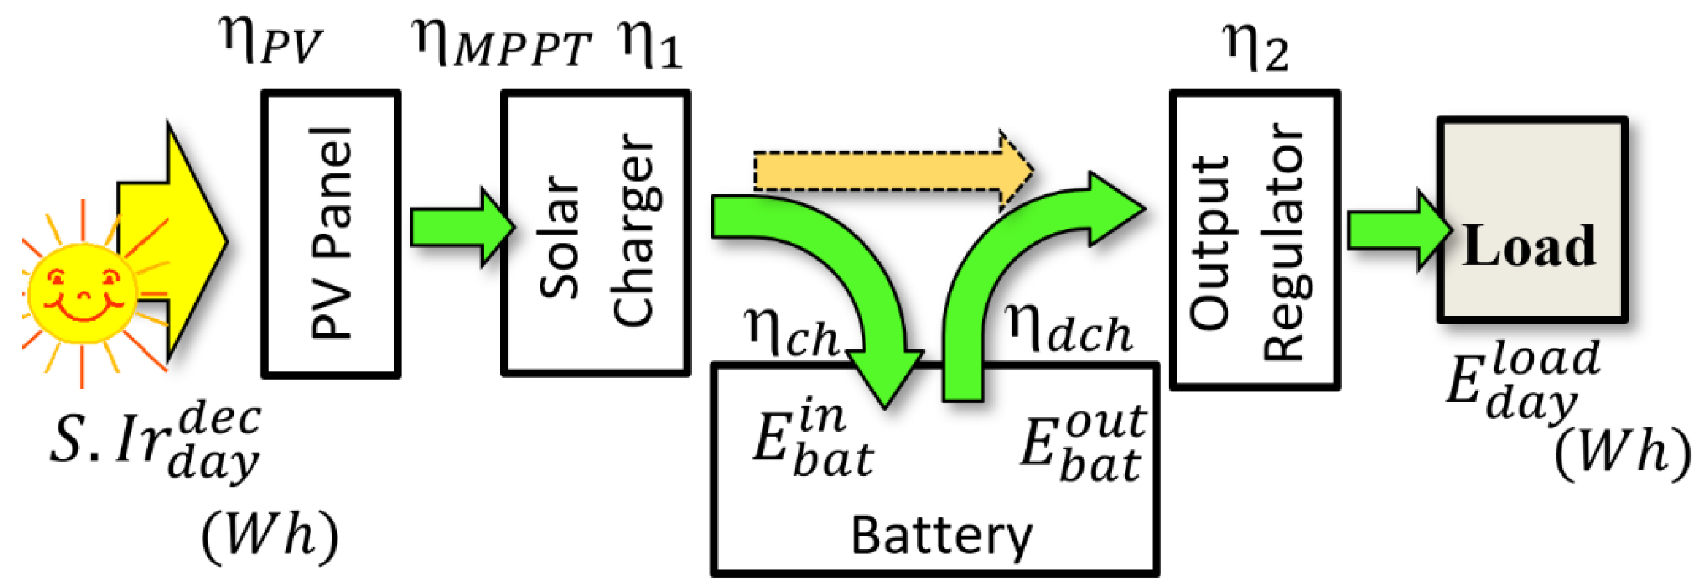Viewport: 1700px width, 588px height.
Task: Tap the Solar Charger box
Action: pyautogui.click(x=596, y=234)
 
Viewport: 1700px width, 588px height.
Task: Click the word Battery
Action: pyautogui.click(x=940, y=536)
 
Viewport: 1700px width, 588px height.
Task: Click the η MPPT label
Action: pyautogui.click(x=502, y=43)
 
